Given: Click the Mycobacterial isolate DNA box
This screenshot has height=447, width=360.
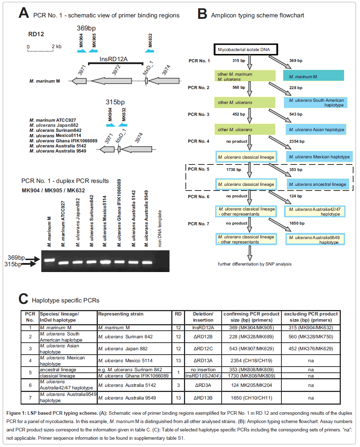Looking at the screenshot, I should coord(246,50).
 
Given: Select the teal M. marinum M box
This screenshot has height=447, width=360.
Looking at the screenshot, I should coord(313,76).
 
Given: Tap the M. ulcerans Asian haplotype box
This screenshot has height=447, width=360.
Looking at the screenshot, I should coord(316,130).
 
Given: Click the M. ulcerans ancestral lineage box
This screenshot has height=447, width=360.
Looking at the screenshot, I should coord(317,184).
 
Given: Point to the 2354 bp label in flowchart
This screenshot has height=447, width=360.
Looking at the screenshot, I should coord(297,141).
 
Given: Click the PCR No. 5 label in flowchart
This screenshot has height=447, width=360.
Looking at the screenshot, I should coord(198,169).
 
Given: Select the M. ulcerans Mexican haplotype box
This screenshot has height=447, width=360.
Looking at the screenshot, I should coord(319,157).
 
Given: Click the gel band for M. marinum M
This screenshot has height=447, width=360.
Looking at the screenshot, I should coord(49,260).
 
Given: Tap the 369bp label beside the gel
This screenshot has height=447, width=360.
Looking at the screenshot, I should coord(16,258).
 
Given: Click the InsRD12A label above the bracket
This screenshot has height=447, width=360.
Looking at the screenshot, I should coord(113,59).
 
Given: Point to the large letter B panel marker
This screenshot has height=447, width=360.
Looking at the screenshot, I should coord(202,14).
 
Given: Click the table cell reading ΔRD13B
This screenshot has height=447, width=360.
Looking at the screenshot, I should coord(203,398).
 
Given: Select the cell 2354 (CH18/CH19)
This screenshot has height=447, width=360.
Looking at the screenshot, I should coord(251,360).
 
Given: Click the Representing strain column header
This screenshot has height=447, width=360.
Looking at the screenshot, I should coord(121,314).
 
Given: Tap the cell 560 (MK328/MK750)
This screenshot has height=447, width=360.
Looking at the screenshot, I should coord(311,337).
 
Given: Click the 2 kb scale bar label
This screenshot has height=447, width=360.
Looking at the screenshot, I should coord(56,46).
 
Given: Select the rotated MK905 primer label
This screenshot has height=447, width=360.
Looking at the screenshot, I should coord(94,41).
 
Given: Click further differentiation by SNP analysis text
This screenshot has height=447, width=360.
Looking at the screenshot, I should coord(255,264).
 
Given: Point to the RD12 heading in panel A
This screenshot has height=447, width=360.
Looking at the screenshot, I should coord(36,34).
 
